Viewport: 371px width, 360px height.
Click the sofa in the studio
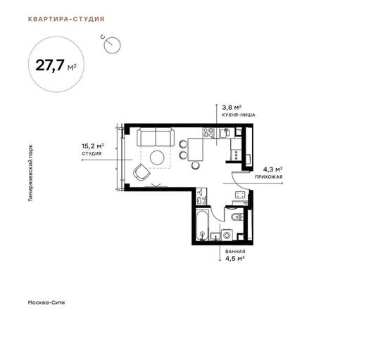click(x=156, y=137)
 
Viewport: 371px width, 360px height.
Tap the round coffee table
click(x=157, y=157)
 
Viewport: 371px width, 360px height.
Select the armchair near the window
click(x=142, y=172)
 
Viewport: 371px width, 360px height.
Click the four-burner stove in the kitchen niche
click(x=208, y=133)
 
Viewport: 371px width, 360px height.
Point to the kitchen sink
click(x=225, y=133)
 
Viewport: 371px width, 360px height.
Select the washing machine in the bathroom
click(x=227, y=235)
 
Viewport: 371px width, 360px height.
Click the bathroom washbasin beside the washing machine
click(x=215, y=236)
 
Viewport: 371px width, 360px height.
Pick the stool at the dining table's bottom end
click(x=195, y=165)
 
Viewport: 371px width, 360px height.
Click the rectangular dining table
click(x=196, y=149)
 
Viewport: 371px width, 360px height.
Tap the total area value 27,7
click(x=50, y=65)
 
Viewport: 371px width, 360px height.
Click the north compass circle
click(x=112, y=45)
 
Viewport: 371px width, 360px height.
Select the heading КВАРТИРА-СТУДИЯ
click(x=66, y=19)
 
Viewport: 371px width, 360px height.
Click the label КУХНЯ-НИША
click(x=239, y=115)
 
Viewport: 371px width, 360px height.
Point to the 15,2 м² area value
click(x=93, y=146)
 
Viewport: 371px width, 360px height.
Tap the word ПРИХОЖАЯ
click(x=268, y=176)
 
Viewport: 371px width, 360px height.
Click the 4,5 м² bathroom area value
click(x=234, y=258)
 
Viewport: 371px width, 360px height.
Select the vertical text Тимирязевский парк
click(x=31, y=173)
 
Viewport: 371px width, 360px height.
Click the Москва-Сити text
click(x=46, y=302)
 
